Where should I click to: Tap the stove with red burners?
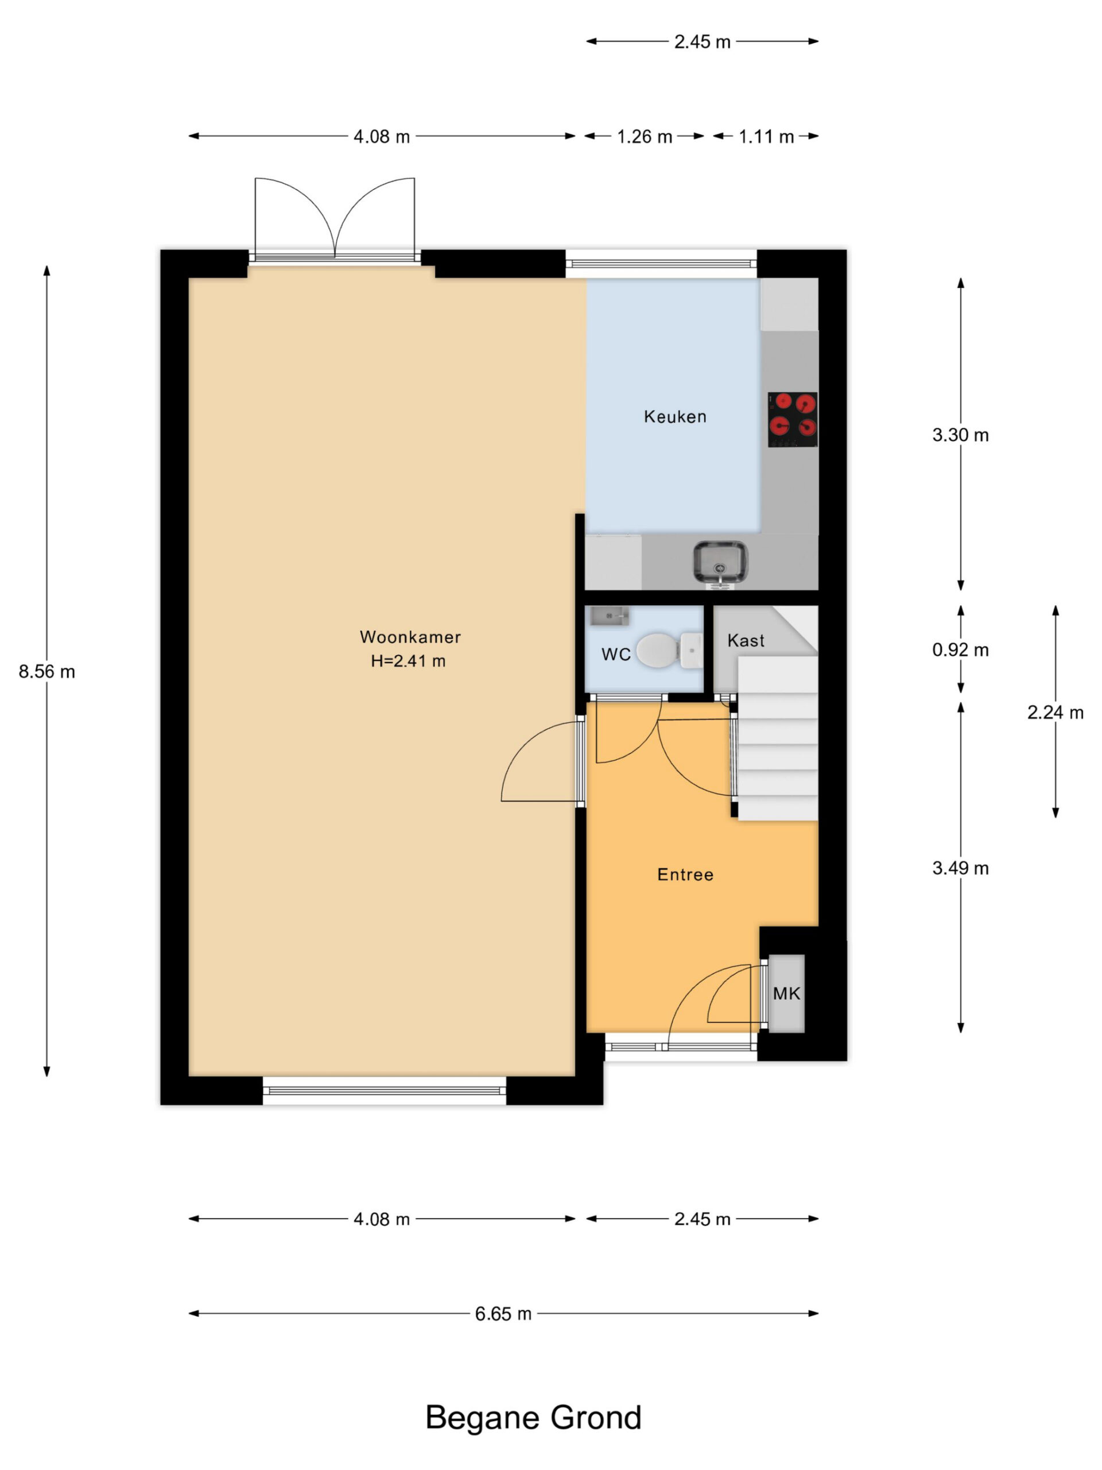click(x=793, y=419)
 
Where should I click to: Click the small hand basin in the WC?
click(x=609, y=616)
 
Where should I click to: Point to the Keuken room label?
click(x=675, y=417)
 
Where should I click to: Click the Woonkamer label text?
click(x=410, y=637)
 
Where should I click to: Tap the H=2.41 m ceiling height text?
click(x=408, y=660)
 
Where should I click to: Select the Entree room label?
click(x=685, y=875)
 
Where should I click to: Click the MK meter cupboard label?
click(x=786, y=993)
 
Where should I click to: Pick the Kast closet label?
click(x=746, y=640)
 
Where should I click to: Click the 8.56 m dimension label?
click(x=46, y=672)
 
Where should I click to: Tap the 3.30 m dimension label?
click(x=960, y=435)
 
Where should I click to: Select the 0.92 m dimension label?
click(x=960, y=650)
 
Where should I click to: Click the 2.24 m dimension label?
click(x=1056, y=713)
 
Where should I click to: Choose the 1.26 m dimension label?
click(x=645, y=137)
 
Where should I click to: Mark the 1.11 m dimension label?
click(x=767, y=137)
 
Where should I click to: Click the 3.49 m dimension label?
click(x=960, y=868)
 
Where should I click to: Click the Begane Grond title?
click(x=533, y=1418)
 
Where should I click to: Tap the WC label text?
click(x=616, y=655)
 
